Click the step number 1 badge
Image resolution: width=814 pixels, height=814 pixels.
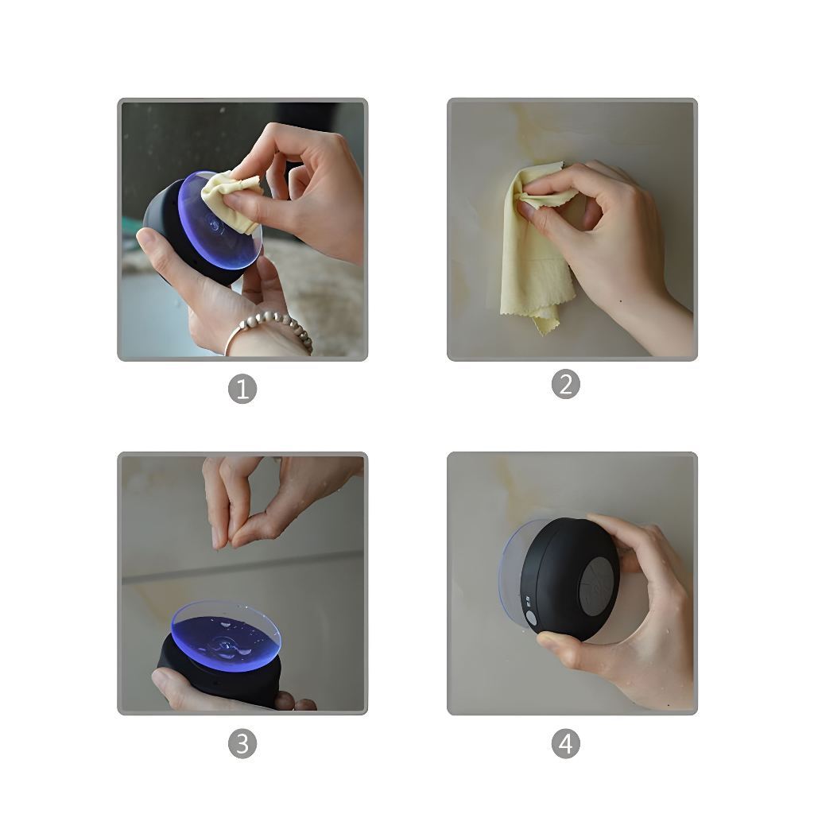pos(242,389)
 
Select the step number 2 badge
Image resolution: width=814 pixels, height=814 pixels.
pos(565,385)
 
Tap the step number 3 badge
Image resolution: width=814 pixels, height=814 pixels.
pos(242,743)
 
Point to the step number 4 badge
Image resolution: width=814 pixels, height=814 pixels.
pos(565,743)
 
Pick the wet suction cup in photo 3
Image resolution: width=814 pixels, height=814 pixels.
pos(226,637)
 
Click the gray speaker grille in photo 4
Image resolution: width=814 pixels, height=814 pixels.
pos(599,586)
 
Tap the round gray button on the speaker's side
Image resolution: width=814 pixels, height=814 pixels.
pos(530,618)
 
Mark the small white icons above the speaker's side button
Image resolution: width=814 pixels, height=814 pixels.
pos(528,601)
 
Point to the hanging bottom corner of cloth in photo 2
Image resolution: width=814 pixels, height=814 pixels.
pos(545,331)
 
